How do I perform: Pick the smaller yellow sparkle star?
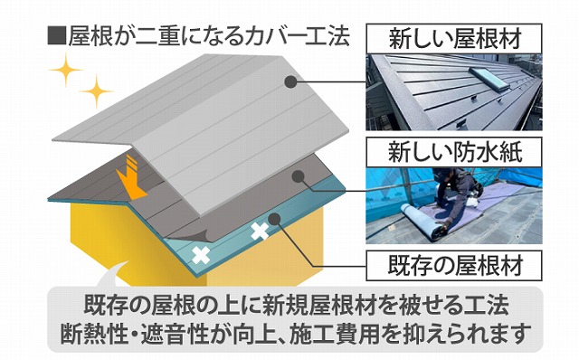pos(98,91)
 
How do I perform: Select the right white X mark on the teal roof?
pos(260,230)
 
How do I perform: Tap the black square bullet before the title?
pos(56,37)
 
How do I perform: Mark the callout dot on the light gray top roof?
pos(290,81)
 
